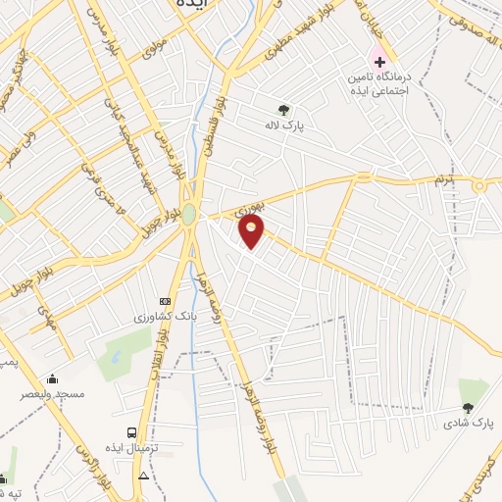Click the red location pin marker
pos(253,231)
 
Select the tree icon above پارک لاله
pos(284,110)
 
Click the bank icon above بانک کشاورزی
pos(165,302)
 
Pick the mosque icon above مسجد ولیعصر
pos(52,378)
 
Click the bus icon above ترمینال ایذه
pos(130,431)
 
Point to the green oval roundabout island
pos(188,214)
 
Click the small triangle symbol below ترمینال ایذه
pos(144,476)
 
